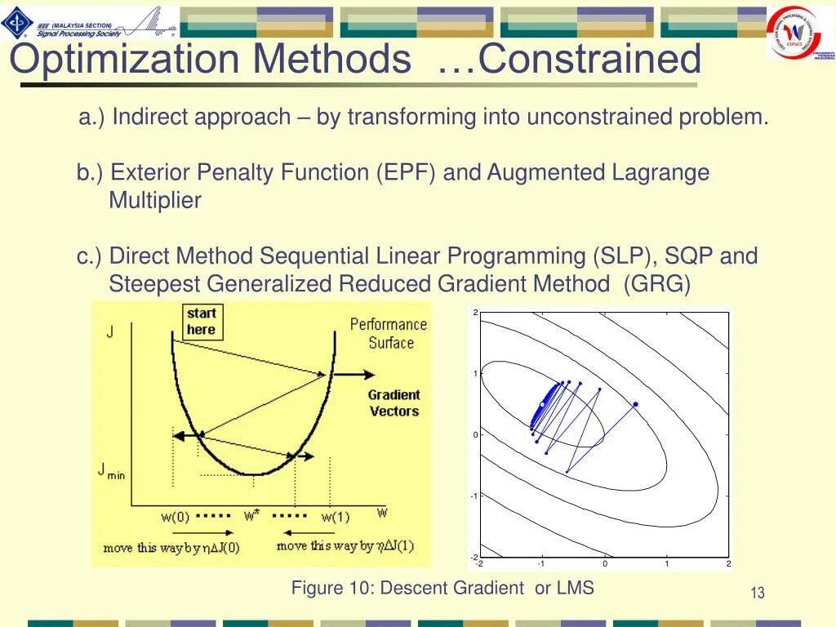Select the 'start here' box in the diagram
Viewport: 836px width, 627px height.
click(x=202, y=322)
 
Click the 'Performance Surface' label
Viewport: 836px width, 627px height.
click(x=389, y=334)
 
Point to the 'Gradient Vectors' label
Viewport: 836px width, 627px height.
click(x=394, y=402)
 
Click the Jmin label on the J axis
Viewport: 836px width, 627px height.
click(x=112, y=471)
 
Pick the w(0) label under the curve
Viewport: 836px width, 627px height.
click(x=175, y=517)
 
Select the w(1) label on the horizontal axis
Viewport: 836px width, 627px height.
click(x=335, y=517)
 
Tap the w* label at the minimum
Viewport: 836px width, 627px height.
click(x=251, y=516)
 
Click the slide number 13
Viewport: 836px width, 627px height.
click(x=757, y=593)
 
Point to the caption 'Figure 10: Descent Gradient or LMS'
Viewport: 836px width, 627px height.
click(x=442, y=588)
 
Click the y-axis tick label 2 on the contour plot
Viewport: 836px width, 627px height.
click(x=475, y=313)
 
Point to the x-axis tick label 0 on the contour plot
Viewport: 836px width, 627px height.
click(x=605, y=564)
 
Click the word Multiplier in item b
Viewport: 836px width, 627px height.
click(x=155, y=201)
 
